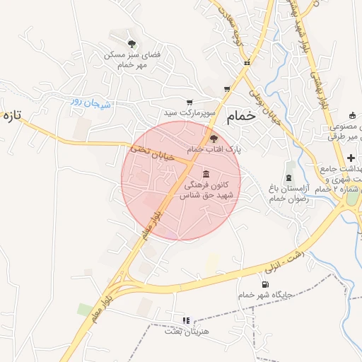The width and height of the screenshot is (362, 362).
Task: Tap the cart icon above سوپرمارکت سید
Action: (x=189, y=102)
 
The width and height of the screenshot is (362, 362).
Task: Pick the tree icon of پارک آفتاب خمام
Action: (x=214, y=139)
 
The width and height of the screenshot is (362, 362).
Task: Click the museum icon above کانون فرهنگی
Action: (x=206, y=174)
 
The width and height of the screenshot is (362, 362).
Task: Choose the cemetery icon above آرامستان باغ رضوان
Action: (x=288, y=175)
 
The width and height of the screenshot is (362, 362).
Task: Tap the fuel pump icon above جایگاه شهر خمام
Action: (x=265, y=284)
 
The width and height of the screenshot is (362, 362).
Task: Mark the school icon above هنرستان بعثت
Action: (x=187, y=320)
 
